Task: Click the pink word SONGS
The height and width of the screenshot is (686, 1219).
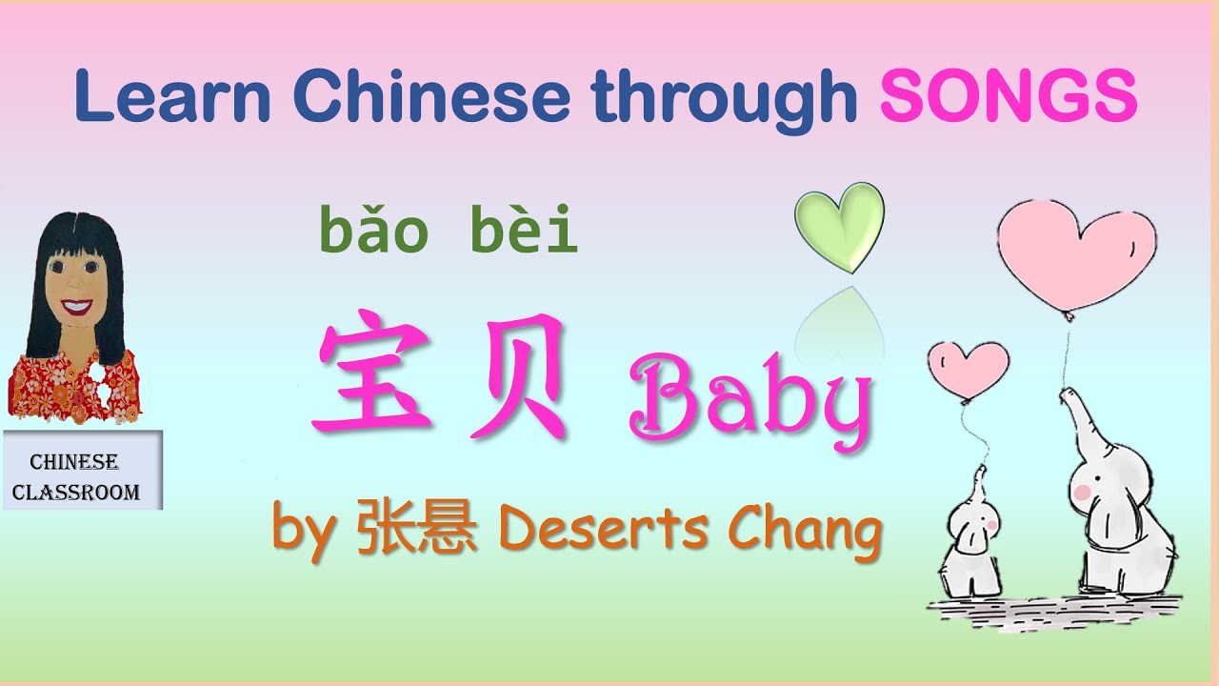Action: tap(1009, 95)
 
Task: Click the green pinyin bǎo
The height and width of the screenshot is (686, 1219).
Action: tap(369, 232)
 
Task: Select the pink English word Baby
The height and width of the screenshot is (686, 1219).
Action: tap(749, 404)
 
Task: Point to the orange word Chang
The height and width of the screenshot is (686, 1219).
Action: tap(804, 530)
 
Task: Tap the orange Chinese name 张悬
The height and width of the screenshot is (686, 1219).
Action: tap(416, 530)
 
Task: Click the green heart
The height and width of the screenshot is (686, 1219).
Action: tap(840, 224)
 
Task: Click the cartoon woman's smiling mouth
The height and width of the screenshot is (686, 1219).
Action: tap(77, 308)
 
